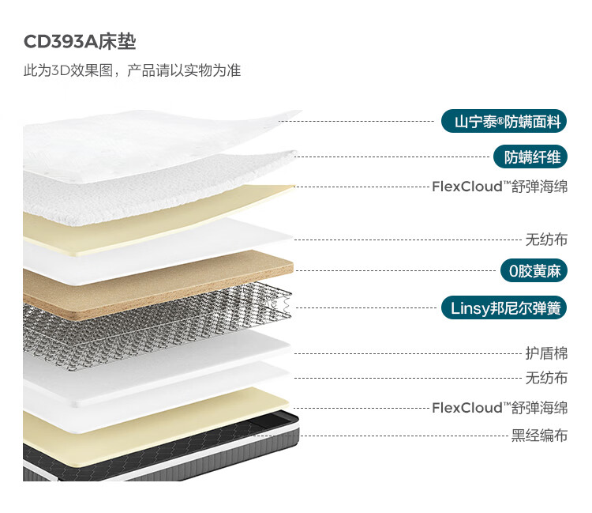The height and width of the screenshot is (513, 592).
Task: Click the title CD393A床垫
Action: [x=80, y=42]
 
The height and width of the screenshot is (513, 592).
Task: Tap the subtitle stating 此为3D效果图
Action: [x=68, y=70]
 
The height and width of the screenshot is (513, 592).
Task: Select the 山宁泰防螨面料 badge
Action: [x=504, y=122]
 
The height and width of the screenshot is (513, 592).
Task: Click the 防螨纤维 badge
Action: [x=530, y=157]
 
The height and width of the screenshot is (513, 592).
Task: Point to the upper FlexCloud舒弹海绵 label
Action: [x=500, y=187]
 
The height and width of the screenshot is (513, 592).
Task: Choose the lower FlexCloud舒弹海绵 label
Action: [x=500, y=408]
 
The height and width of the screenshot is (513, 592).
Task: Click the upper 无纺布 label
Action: [x=547, y=240]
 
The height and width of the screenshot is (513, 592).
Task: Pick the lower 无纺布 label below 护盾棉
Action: [x=547, y=378]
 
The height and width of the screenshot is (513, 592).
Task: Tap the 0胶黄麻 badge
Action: [x=534, y=270]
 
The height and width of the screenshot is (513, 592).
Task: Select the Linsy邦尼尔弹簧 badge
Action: [x=504, y=308]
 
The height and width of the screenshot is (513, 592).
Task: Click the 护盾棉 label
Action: [x=547, y=353]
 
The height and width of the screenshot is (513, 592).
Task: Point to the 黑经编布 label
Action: [x=540, y=436]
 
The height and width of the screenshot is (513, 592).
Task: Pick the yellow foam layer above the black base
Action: [x=151, y=416]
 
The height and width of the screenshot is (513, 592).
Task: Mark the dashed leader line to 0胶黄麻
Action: [x=396, y=270]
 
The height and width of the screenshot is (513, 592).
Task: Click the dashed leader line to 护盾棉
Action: [x=408, y=354]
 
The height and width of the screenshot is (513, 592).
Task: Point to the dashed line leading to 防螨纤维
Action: [x=392, y=157]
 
